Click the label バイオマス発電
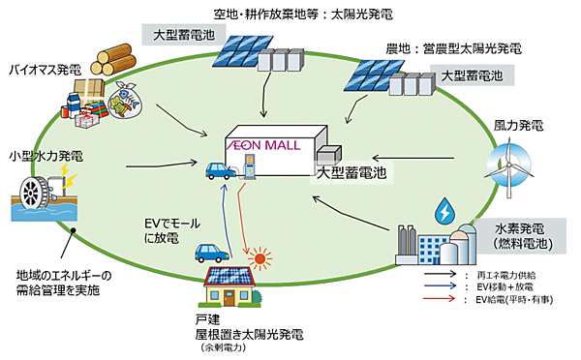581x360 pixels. (43, 71)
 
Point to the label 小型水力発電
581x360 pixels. (43, 155)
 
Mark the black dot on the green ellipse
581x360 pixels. (74, 229)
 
